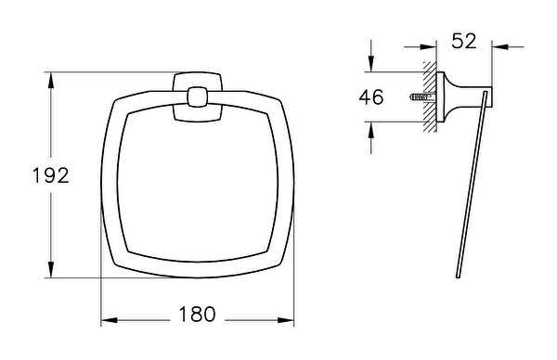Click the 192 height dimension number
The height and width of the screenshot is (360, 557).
(x=51, y=175)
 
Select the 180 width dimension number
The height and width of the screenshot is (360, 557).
(x=197, y=315)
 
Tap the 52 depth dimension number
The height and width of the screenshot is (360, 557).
(x=464, y=41)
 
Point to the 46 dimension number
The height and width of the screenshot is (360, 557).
(x=371, y=96)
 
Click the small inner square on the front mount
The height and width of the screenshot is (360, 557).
(x=197, y=96)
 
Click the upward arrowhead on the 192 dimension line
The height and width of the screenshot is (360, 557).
(x=51, y=80)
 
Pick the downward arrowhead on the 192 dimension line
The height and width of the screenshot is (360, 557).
(x=51, y=269)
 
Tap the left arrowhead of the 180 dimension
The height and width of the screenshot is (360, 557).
(x=110, y=320)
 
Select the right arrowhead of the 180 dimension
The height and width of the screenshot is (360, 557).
(x=286, y=320)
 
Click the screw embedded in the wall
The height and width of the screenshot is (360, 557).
(x=422, y=96)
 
